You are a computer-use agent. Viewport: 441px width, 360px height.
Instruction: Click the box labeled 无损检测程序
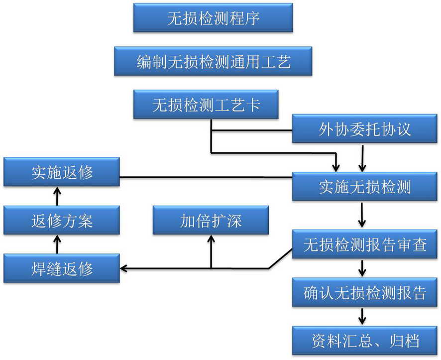(213, 18)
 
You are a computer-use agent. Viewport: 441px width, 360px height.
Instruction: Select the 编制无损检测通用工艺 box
(213, 61)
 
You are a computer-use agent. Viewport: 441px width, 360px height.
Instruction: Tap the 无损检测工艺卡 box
(206, 104)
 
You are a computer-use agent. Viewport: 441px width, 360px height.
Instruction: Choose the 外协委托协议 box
(365, 129)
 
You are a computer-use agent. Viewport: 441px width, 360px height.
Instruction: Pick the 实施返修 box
(62, 172)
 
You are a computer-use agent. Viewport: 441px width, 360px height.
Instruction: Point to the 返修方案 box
(62, 220)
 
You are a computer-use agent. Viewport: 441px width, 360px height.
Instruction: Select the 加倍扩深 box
(211, 220)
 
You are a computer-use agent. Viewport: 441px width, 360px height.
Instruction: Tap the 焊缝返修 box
(62, 268)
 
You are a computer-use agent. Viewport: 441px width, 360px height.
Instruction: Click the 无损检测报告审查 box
(365, 244)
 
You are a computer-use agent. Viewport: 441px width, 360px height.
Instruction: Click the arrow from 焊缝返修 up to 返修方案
(58, 244)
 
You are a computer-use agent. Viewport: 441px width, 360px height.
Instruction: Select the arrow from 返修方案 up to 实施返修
(58, 196)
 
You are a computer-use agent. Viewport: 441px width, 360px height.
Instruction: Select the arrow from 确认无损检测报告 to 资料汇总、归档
(362, 316)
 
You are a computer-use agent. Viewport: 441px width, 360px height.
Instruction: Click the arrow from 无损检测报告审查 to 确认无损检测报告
(362, 268)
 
